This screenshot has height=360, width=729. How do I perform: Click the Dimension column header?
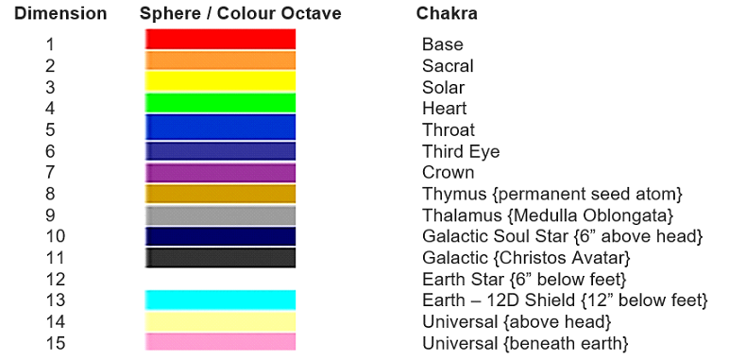tap(60, 14)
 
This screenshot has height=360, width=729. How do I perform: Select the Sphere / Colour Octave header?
tap(240, 14)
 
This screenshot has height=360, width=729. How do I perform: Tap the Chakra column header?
tap(446, 14)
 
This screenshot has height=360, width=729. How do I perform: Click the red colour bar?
tap(220, 39)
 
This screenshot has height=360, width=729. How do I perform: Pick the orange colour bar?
tap(220, 60)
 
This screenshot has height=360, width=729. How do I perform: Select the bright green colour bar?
tap(220, 103)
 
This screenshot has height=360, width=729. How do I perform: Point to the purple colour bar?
tap(220, 172)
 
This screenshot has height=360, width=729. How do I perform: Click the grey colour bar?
tap(220, 214)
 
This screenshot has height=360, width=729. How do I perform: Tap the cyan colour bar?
tap(220, 300)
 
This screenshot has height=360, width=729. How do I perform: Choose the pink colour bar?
tap(220, 341)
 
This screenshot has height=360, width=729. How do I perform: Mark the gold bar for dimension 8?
tap(220, 194)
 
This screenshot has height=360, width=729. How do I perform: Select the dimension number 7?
tap(50, 173)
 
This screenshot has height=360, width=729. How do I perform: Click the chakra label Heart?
tap(444, 109)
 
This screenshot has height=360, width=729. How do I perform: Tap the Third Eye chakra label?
tap(460, 151)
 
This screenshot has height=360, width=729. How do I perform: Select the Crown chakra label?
tap(447, 173)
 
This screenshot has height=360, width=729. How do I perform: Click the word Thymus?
tap(449, 195)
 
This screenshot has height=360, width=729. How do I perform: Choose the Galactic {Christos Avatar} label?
tap(525, 258)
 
